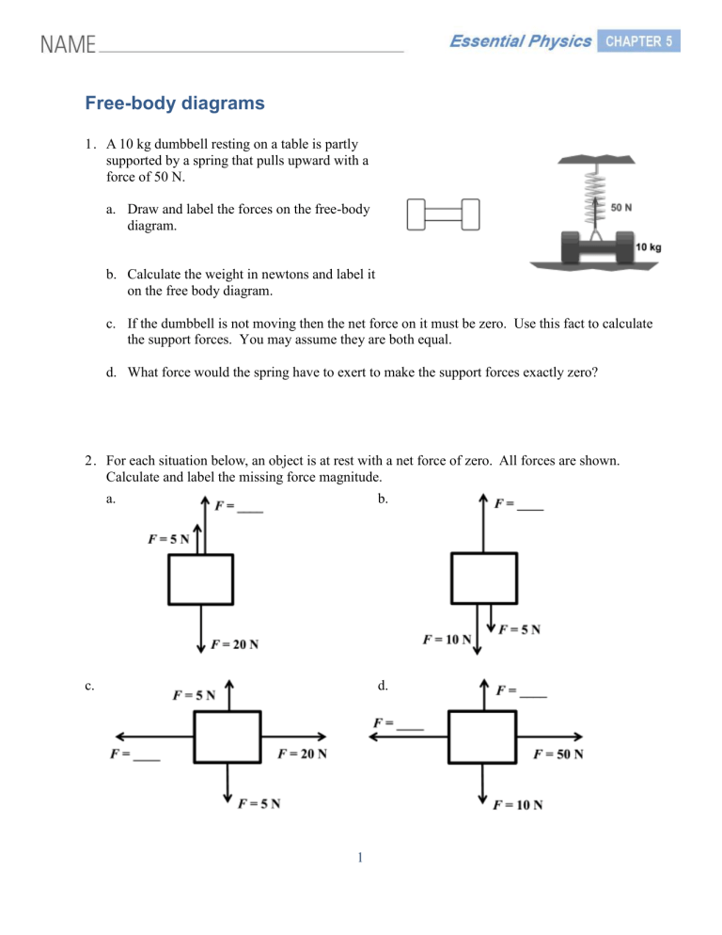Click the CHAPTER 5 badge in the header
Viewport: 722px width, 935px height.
click(638, 40)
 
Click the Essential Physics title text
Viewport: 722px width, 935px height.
click(519, 41)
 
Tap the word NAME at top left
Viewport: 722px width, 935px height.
click(67, 44)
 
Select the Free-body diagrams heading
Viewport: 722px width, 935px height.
click(175, 104)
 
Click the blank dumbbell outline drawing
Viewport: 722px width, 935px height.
click(443, 214)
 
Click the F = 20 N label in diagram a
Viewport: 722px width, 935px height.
click(235, 644)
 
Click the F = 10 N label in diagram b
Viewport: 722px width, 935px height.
click(447, 640)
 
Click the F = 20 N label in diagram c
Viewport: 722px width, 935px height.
click(303, 753)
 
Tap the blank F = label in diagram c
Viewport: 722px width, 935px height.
click(134, 753)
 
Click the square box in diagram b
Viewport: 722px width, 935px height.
click(483, 578)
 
